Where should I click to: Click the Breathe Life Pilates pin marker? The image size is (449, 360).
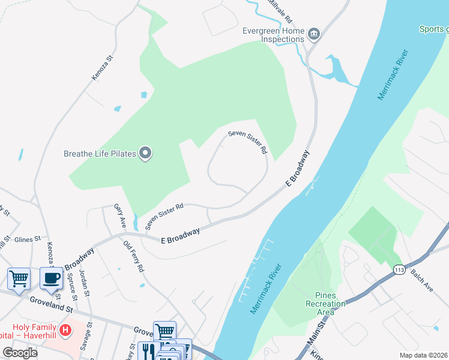click(145, 154)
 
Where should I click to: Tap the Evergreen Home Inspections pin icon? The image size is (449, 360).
click(313, 34)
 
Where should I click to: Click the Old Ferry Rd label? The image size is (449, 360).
click(133, 257)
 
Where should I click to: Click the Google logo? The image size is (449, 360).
click(20, 352)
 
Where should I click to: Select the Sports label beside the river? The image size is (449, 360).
click(433, 29)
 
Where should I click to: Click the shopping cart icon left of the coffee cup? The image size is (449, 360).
click(19, 278)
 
